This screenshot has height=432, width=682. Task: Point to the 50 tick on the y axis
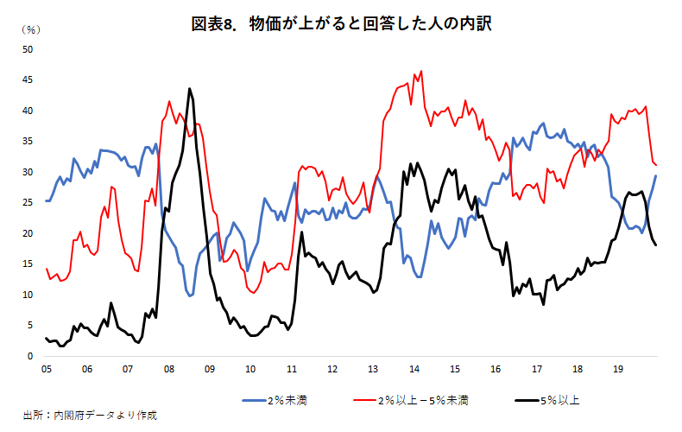pos(27,49)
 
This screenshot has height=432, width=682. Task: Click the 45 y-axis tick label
pos(27,80)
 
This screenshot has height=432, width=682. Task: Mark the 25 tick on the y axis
pos(27,203)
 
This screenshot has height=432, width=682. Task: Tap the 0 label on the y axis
pos(29,356)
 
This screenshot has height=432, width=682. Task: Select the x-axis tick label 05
pos(47,369)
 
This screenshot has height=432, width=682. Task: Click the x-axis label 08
pos(169,369)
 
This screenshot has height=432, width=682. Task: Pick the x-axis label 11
pos(292,369)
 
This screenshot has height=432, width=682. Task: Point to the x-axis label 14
pos(414,369)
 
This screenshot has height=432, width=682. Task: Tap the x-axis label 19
pos(618,369)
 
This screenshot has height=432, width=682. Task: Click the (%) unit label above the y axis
pos(29,29)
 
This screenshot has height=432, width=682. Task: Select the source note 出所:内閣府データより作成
pos(90,416)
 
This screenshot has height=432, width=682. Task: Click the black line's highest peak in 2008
pos(189,88)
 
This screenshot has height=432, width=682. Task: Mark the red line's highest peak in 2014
pos(420,72)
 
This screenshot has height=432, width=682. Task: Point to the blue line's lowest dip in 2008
pos(190,295)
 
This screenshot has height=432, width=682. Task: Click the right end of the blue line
pos(656,176)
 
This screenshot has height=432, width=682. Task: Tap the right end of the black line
pos(656,245)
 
